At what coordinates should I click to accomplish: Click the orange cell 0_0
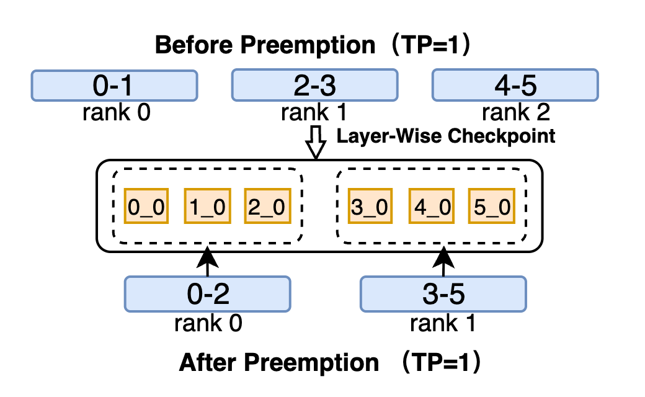pyautogui.click(x=146, y=206)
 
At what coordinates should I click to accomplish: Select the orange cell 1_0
pyautogui.click(x=207, y=206)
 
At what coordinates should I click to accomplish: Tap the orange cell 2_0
pyautogui.click(x=267, y=206)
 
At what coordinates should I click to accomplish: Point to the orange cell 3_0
pyautogui.click(x=370, y=206)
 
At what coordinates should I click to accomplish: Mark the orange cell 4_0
pyautogui.click(x=432, y=206)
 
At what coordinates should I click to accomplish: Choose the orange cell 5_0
pyautogui.click(x=491, y=206)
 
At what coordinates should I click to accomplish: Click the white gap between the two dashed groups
pyautogui.click(x=319, y=206)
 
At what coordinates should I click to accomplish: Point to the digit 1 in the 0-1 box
pyautogui.click(x=125, y=86)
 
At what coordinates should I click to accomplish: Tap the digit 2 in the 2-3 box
pyautogui.click(x=302, y=86)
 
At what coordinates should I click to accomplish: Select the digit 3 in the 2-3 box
pyautogui.click(x=327, y=86)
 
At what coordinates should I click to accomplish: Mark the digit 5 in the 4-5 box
pyautogui.click(x=528, y=86)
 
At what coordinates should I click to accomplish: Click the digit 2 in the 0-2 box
pyautogui.click(x=220, y=294)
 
